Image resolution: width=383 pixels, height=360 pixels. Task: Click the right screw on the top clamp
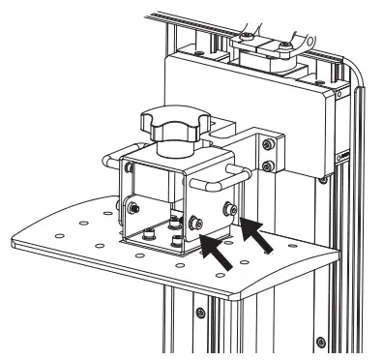click(285, 43)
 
